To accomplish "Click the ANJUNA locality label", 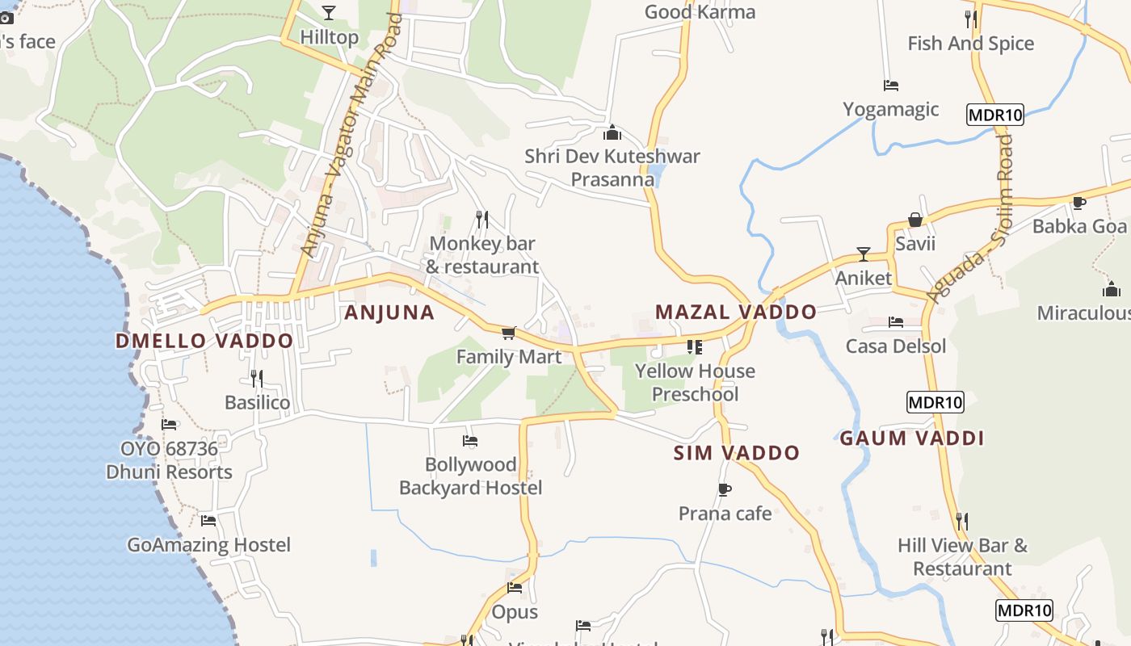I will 389,313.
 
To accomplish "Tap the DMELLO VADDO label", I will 204,341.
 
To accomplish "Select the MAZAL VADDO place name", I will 735,312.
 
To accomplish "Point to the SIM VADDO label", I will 736,453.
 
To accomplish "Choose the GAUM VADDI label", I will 911,438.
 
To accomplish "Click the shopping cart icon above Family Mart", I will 508,333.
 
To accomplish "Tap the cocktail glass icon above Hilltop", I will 328,12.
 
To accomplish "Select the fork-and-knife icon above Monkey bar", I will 482,219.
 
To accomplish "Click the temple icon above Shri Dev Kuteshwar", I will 612,132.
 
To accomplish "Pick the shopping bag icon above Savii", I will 915,220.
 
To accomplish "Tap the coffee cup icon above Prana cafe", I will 725,489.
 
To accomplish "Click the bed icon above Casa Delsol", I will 895,322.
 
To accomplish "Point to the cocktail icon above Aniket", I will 864,254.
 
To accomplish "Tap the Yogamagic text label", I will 890,109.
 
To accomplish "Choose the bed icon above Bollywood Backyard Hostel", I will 470,440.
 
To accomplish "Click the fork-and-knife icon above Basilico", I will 257,378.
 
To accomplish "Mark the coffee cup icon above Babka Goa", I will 1078,203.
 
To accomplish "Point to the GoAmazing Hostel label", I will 208,545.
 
